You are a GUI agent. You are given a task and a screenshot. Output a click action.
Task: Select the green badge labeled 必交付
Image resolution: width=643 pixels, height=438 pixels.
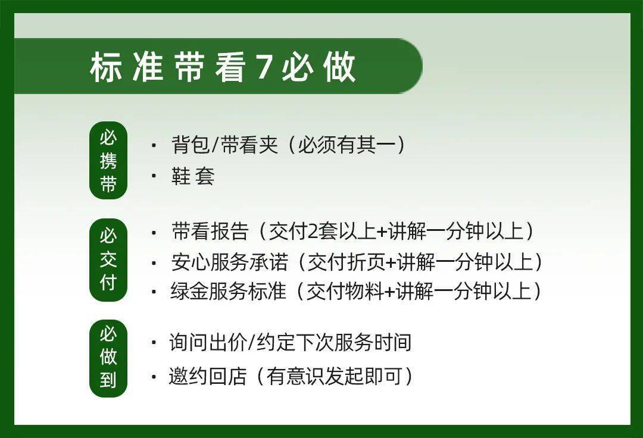[108, 259]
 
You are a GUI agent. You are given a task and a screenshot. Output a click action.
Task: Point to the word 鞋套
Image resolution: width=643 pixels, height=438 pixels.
[193, 176]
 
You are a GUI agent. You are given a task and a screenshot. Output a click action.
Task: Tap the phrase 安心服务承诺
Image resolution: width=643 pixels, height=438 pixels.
[229, 262]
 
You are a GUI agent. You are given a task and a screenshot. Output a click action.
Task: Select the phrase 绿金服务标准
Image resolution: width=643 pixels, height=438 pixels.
[229, 292]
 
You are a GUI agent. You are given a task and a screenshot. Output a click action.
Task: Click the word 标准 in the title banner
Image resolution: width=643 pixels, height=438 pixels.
[127, 67]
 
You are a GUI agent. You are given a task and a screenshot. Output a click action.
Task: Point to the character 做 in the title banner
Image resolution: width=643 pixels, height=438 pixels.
[340, 67]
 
